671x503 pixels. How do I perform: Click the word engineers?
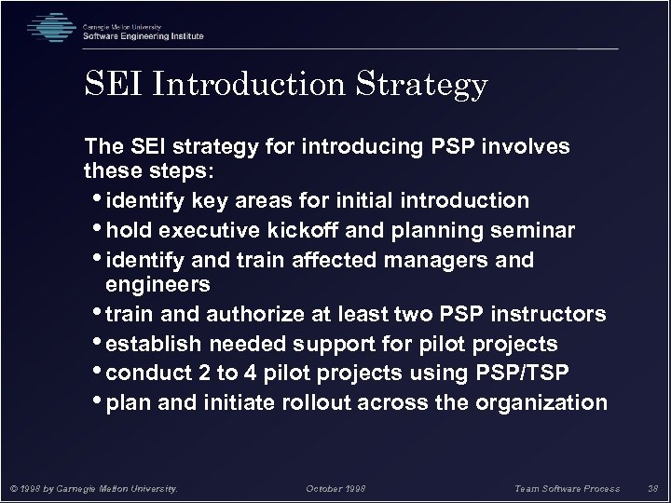(158, 283)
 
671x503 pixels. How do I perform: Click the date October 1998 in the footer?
(336, 486)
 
